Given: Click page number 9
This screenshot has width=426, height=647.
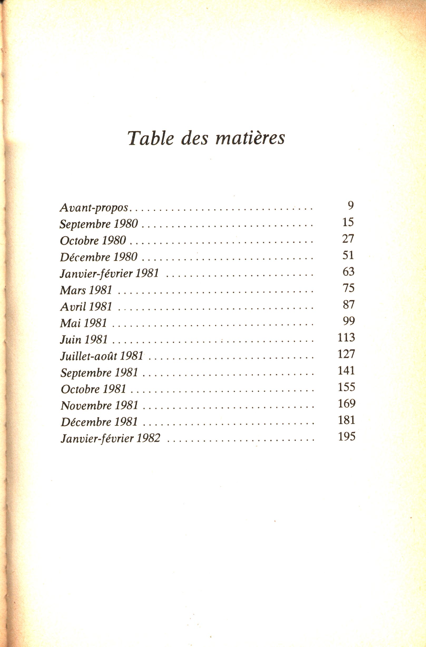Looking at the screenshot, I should (x=350, y=206).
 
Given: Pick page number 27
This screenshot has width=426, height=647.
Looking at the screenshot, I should (x=348, y=239).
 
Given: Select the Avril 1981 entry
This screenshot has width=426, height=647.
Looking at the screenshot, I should (x=86, y=307).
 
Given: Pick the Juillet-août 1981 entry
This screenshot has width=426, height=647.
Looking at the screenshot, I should (x=102, y=356).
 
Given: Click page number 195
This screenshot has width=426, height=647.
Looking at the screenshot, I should (x=347, y=437).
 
